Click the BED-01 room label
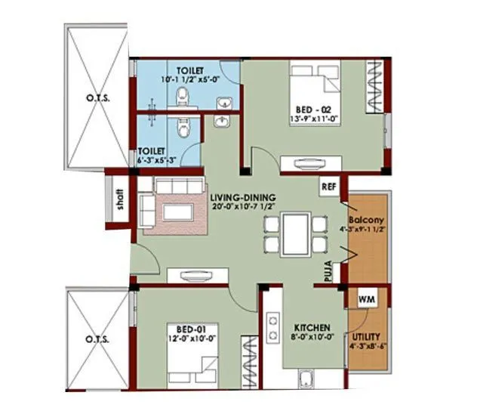pyautogui.click(x=186, y=329)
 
